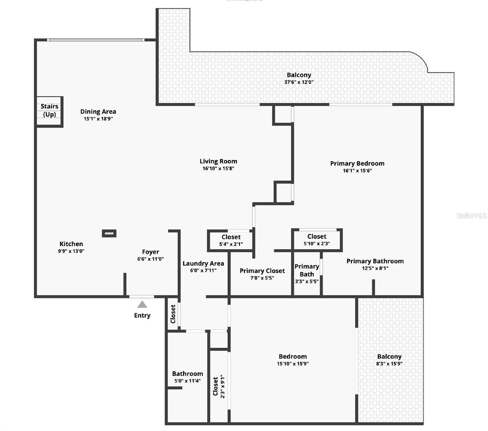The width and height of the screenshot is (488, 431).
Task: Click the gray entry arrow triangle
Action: tap(142, 305)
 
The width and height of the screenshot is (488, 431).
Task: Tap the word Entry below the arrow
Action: tap(142, 315)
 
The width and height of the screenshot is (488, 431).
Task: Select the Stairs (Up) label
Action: tap(50, 110)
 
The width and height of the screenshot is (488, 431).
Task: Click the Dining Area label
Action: tap(98, 112)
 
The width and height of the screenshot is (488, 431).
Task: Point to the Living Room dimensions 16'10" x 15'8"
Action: tap(218, 168)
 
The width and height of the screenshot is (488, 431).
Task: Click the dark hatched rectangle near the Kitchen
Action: tap(109, 233)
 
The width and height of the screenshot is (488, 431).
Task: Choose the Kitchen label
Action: tap(71, 244)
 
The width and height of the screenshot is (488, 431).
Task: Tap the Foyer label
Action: tap(150, 252)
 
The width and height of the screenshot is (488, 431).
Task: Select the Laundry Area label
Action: tap(203, 263)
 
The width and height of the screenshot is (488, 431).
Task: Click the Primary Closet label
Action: tap(262, 271)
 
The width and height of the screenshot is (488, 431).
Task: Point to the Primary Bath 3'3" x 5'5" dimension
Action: tap(307, 281)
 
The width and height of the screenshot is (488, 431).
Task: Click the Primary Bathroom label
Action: tap(375, 261)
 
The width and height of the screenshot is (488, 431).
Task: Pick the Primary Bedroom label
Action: tap(357, 163)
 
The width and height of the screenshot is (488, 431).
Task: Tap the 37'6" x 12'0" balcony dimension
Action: tap(299, 82)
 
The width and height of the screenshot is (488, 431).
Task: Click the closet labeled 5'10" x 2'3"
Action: tap(317, 240)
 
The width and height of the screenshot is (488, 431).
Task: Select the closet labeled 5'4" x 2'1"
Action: tap(231, 240)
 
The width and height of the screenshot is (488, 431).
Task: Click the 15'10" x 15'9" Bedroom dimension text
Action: tap(293, 363)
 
